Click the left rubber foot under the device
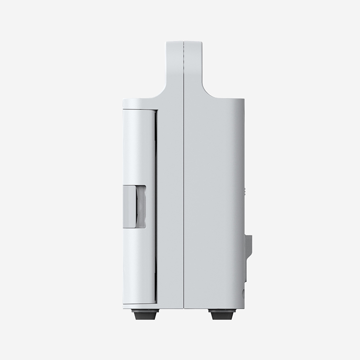(145, 315)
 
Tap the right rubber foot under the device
(222, 315)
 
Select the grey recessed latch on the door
(134, 206)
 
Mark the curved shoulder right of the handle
(207, 91)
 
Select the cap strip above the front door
(139, 104)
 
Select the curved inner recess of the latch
(141, 206)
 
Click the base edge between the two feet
(184, 308)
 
